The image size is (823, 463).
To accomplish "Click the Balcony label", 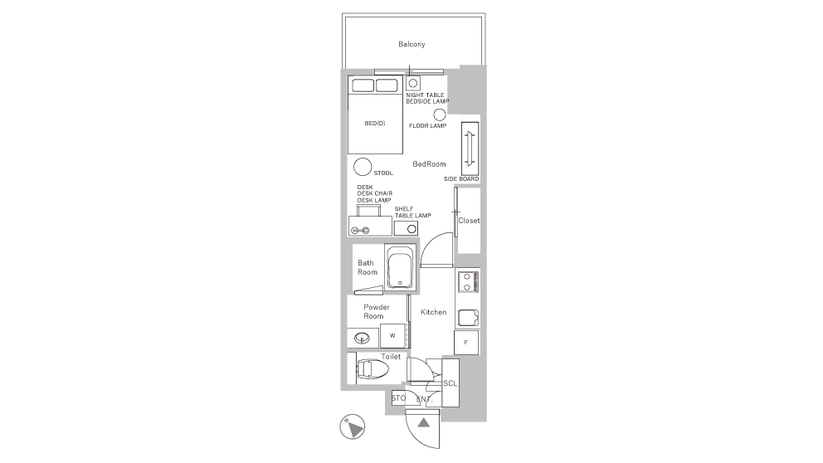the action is tap(411, 44).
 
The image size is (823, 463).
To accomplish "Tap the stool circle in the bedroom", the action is tap(363, 167).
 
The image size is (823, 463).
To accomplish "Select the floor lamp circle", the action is tap(440, 115).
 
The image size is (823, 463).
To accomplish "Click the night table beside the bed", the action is tap(413, 83).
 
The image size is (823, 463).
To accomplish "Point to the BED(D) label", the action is tap(375, 124).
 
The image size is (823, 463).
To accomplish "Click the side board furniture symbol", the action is tap(470, 149).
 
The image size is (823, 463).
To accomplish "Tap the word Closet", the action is tap(469, 221).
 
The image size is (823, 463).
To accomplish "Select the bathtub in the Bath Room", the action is tap(401, 267).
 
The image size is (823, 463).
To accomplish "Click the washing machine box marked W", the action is tap(392, 335).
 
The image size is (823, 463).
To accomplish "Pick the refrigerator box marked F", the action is tap(466, 342).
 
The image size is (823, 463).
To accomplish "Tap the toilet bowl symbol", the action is tap(373, 369).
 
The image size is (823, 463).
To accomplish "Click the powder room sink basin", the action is tap(363, 338).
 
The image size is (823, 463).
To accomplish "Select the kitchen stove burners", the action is tap(467, 281).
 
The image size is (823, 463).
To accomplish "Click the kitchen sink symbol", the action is tap(468, 318).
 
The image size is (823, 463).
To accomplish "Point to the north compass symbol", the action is tap(353, 426).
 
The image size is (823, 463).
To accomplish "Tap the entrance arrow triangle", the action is tap(424, 422).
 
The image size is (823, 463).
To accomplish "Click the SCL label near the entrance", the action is tap(450, 383).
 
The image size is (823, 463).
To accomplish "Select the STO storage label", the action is tap(398, 398).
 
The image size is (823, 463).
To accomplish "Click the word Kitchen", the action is tap(434, 312).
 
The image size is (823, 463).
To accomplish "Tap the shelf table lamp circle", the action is tap(412, 229).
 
